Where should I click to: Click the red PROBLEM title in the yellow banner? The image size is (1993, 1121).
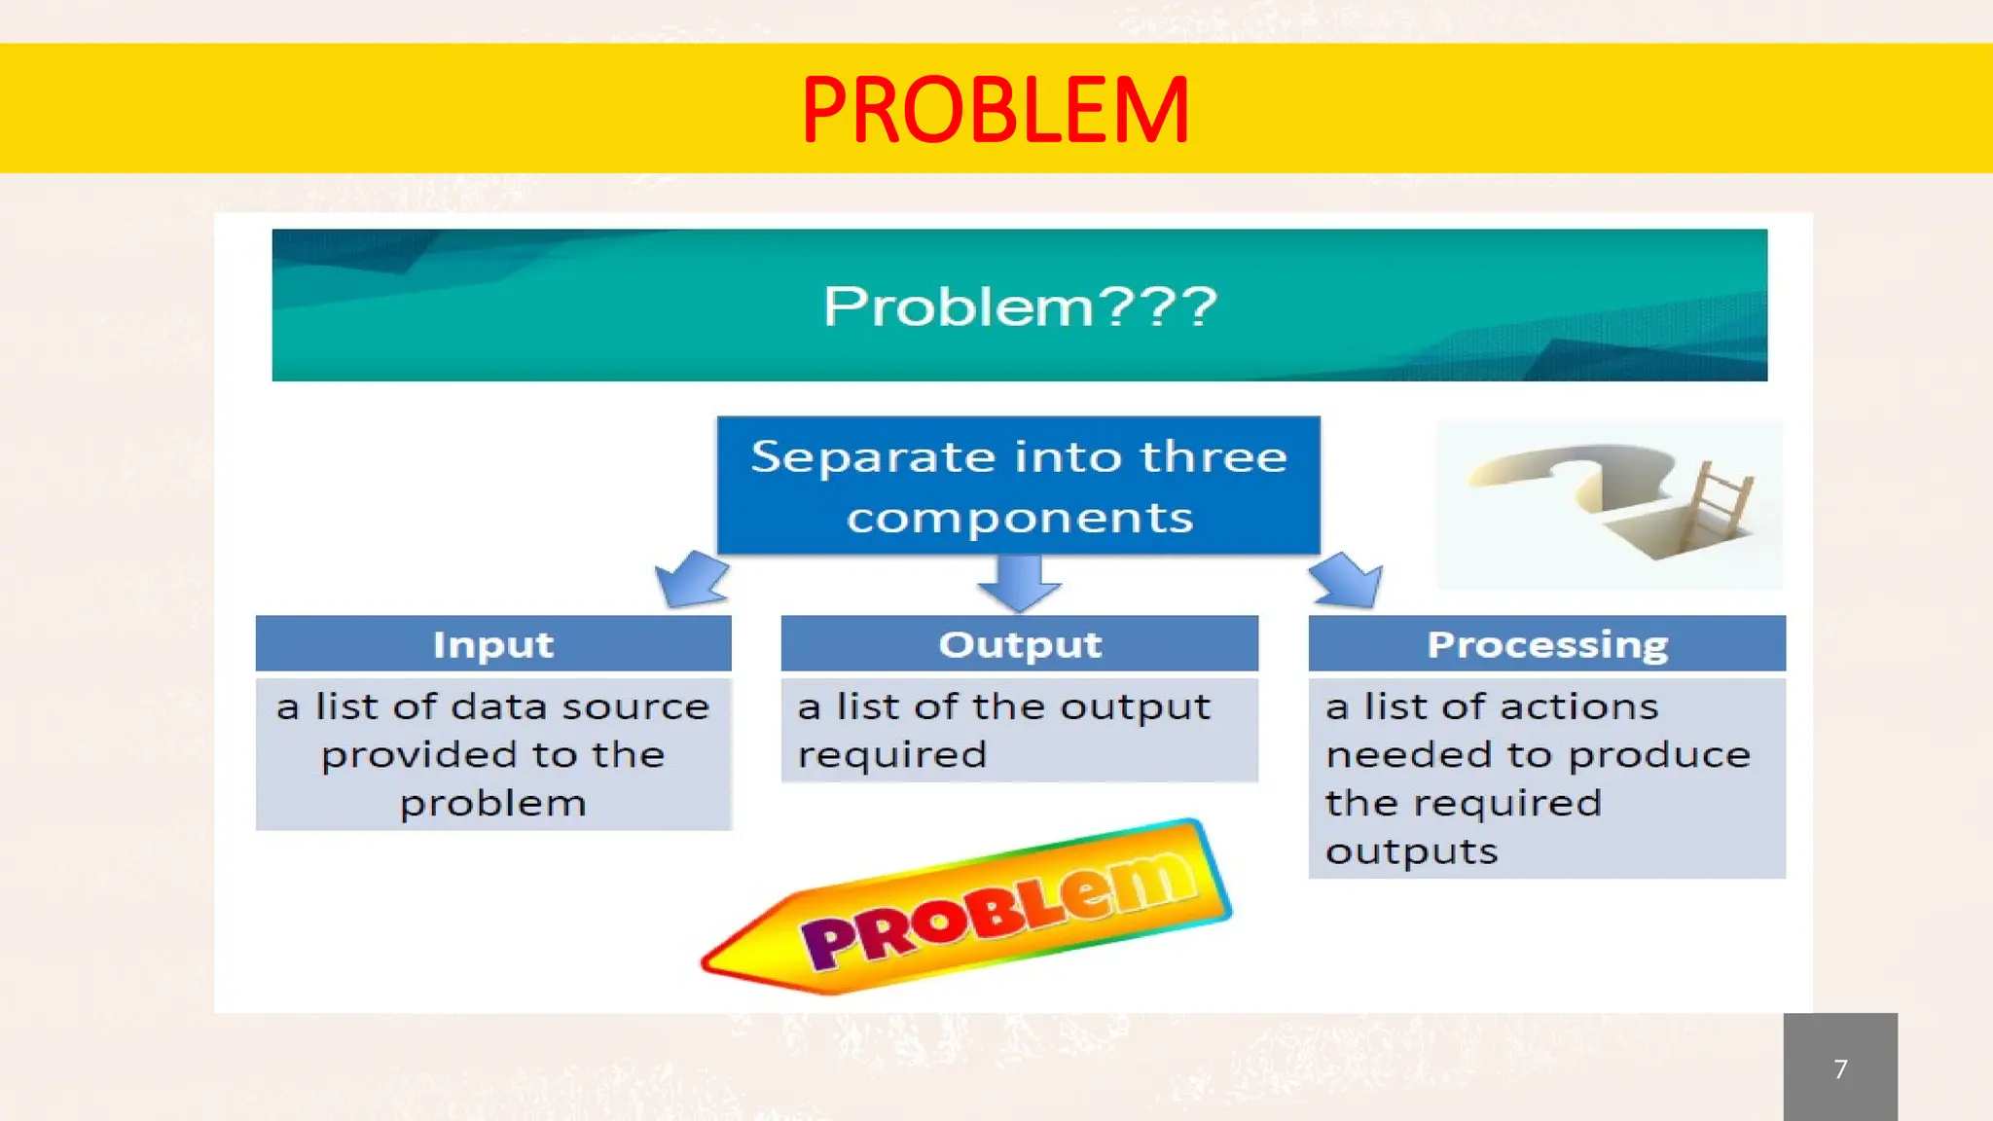click(x=995, y=110)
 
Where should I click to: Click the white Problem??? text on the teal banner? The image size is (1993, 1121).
click(x=1019, y=307)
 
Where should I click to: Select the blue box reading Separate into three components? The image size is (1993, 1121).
click(x=1018, y=486)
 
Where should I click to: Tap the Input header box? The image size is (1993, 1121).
click(x=493, y=644)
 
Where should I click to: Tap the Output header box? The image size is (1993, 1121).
click(x=1019, y=644)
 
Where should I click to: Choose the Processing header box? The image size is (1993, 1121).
click(x=1546, y=644)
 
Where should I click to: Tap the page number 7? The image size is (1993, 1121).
click(x=1839, y=1068)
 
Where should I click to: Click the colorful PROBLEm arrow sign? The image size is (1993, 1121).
click(x=973, y=910)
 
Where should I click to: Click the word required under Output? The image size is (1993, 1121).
click(x=892, y=755)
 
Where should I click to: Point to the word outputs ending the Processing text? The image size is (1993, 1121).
click(x=1411, y=852)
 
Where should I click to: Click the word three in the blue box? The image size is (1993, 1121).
click(x=1214, y=456)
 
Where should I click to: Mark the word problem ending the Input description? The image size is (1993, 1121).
click(x=493, y=804)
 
